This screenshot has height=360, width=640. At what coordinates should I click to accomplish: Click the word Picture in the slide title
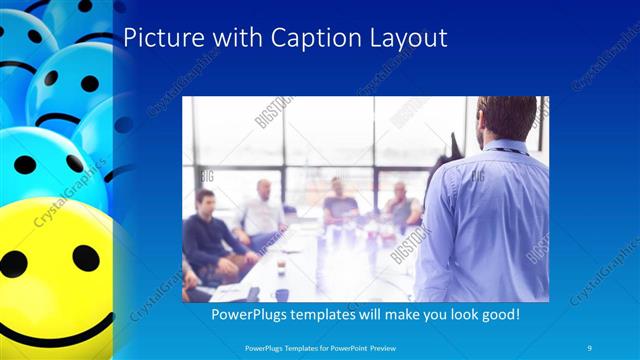point(159,39)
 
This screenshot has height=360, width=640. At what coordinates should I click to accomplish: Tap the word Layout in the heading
point(405,39)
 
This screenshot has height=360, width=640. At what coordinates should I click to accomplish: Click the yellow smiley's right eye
point(86,258)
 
